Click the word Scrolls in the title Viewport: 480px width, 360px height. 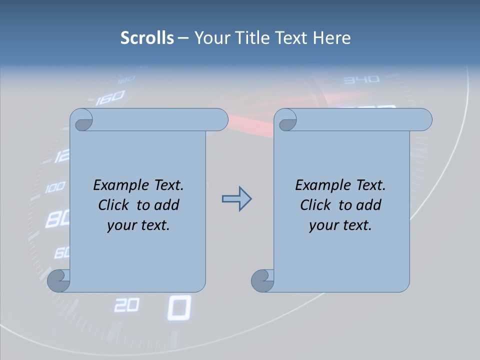(147, 37)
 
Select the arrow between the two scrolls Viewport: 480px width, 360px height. (236, 199)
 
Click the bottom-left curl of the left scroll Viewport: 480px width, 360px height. (58, 281)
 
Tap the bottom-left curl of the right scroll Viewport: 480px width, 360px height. (262, 281)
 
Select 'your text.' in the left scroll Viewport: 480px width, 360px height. (138, 225)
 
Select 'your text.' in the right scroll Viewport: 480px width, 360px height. (340, 225)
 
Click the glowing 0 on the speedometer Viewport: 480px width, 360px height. (178, 307)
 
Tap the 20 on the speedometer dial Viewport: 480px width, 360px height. (126, 305)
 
